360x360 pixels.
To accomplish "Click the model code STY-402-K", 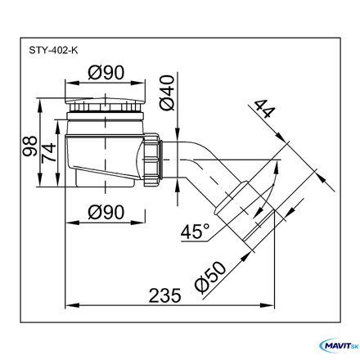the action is point(53,51).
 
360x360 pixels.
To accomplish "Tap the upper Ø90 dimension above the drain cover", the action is point(106,73).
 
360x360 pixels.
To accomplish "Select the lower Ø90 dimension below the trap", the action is point(106,212).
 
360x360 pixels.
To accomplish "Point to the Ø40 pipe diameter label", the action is point(167,93).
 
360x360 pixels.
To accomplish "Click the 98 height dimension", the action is point(30,146).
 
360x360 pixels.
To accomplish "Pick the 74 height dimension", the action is point(49,153).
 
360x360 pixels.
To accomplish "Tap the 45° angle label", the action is point(195,232).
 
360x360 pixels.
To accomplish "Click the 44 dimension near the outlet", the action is point(263,109).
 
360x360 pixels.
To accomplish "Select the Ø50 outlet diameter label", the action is point(210,277).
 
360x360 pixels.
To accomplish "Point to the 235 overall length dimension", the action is point(164,295).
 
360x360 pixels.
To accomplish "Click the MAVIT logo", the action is point(339,346).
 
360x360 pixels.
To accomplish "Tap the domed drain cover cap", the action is point(105,101).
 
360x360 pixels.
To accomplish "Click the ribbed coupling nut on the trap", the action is point(151,160).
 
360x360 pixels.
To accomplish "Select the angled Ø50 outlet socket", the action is point(244,215).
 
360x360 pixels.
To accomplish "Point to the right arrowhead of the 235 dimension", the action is point(268,305).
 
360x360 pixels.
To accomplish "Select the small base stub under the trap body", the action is point(105,182).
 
